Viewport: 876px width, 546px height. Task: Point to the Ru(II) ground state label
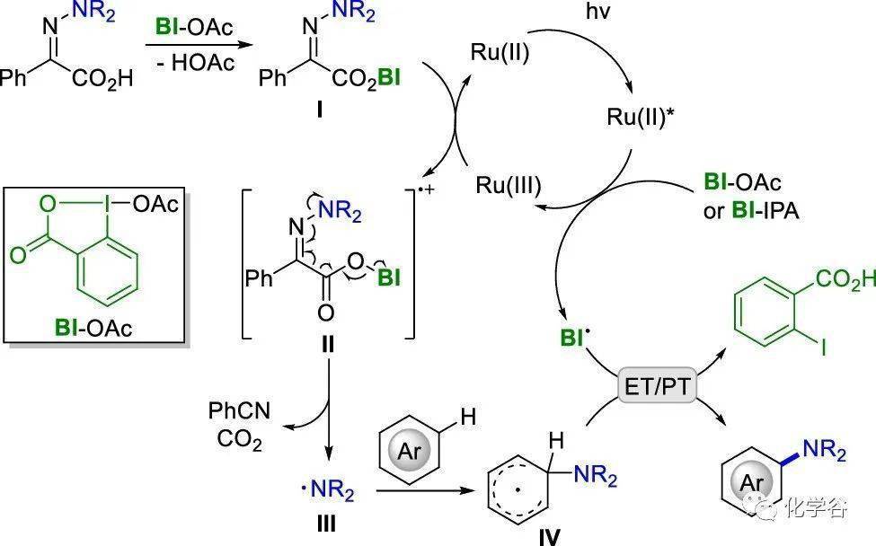tap(500, 52)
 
